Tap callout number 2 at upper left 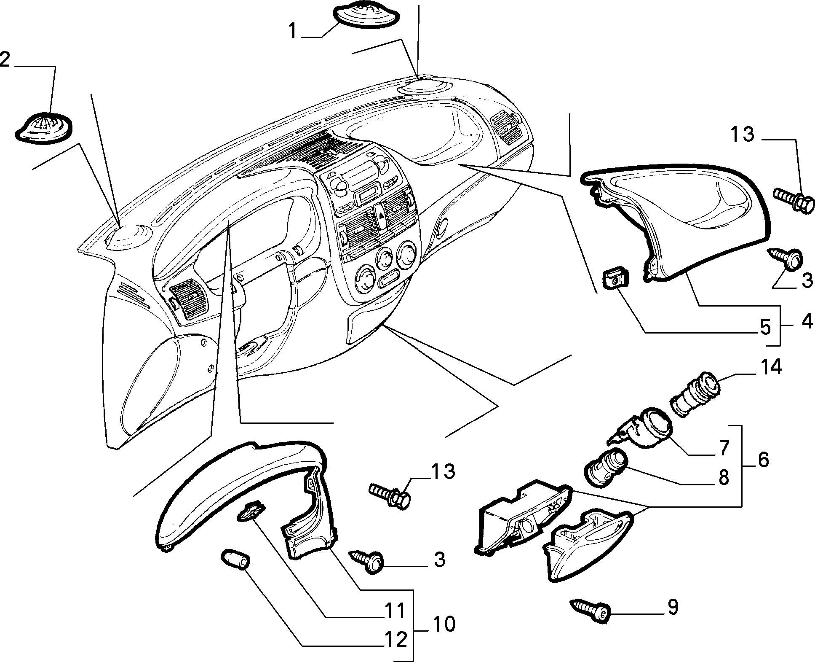(5, 59)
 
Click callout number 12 (396, 640)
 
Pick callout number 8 (724, 478)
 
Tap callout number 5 (765, 327)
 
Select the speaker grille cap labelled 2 (43, 127)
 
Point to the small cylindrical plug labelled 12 (236, 559)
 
